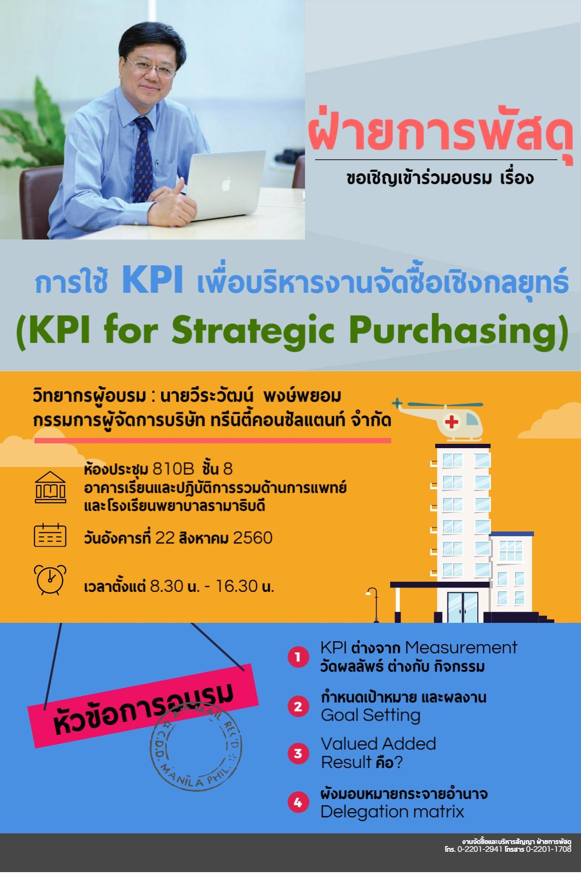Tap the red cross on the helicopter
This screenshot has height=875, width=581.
[x=452, y=422]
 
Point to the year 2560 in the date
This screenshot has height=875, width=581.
[x=253, y=538]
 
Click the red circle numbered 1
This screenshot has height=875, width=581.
[x=298, y=657]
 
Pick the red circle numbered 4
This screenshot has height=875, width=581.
[x=298, y=803]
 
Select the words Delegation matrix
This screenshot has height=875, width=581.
[x=392, y=811]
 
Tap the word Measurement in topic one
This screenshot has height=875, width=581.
[x=461, y=647]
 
